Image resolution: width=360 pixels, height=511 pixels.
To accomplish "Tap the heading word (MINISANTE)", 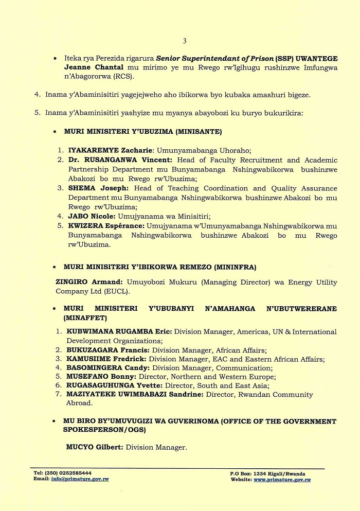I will click(199, 132).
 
